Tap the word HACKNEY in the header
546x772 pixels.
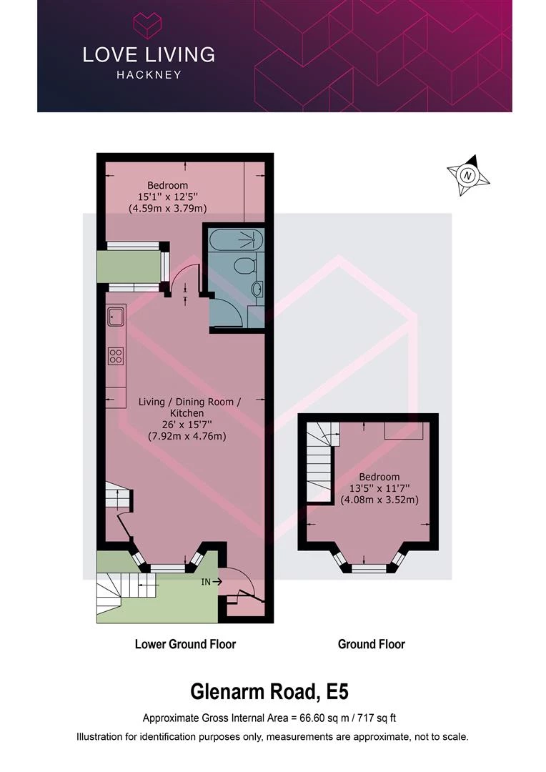[x=149, y=75]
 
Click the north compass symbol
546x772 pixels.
[x=468, y=175]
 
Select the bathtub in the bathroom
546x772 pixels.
[x=232, y=241]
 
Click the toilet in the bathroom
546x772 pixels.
[x=243, y=267]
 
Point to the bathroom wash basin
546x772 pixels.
[x=258, y=289]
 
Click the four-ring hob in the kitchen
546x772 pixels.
[x=116, y=356]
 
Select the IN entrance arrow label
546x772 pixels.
[x=212, y=582]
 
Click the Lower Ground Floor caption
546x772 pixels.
[x=185, y=644]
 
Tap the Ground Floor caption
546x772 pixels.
[x=371, y=644]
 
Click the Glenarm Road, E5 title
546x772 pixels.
[x=269, y=692]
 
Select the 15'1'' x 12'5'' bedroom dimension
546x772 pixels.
[x=167, y=197]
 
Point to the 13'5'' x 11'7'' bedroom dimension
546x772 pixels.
[x=379, y=488]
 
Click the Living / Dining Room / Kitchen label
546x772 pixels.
[x=189, y=407]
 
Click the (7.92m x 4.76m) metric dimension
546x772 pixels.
[x=187, y=436]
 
